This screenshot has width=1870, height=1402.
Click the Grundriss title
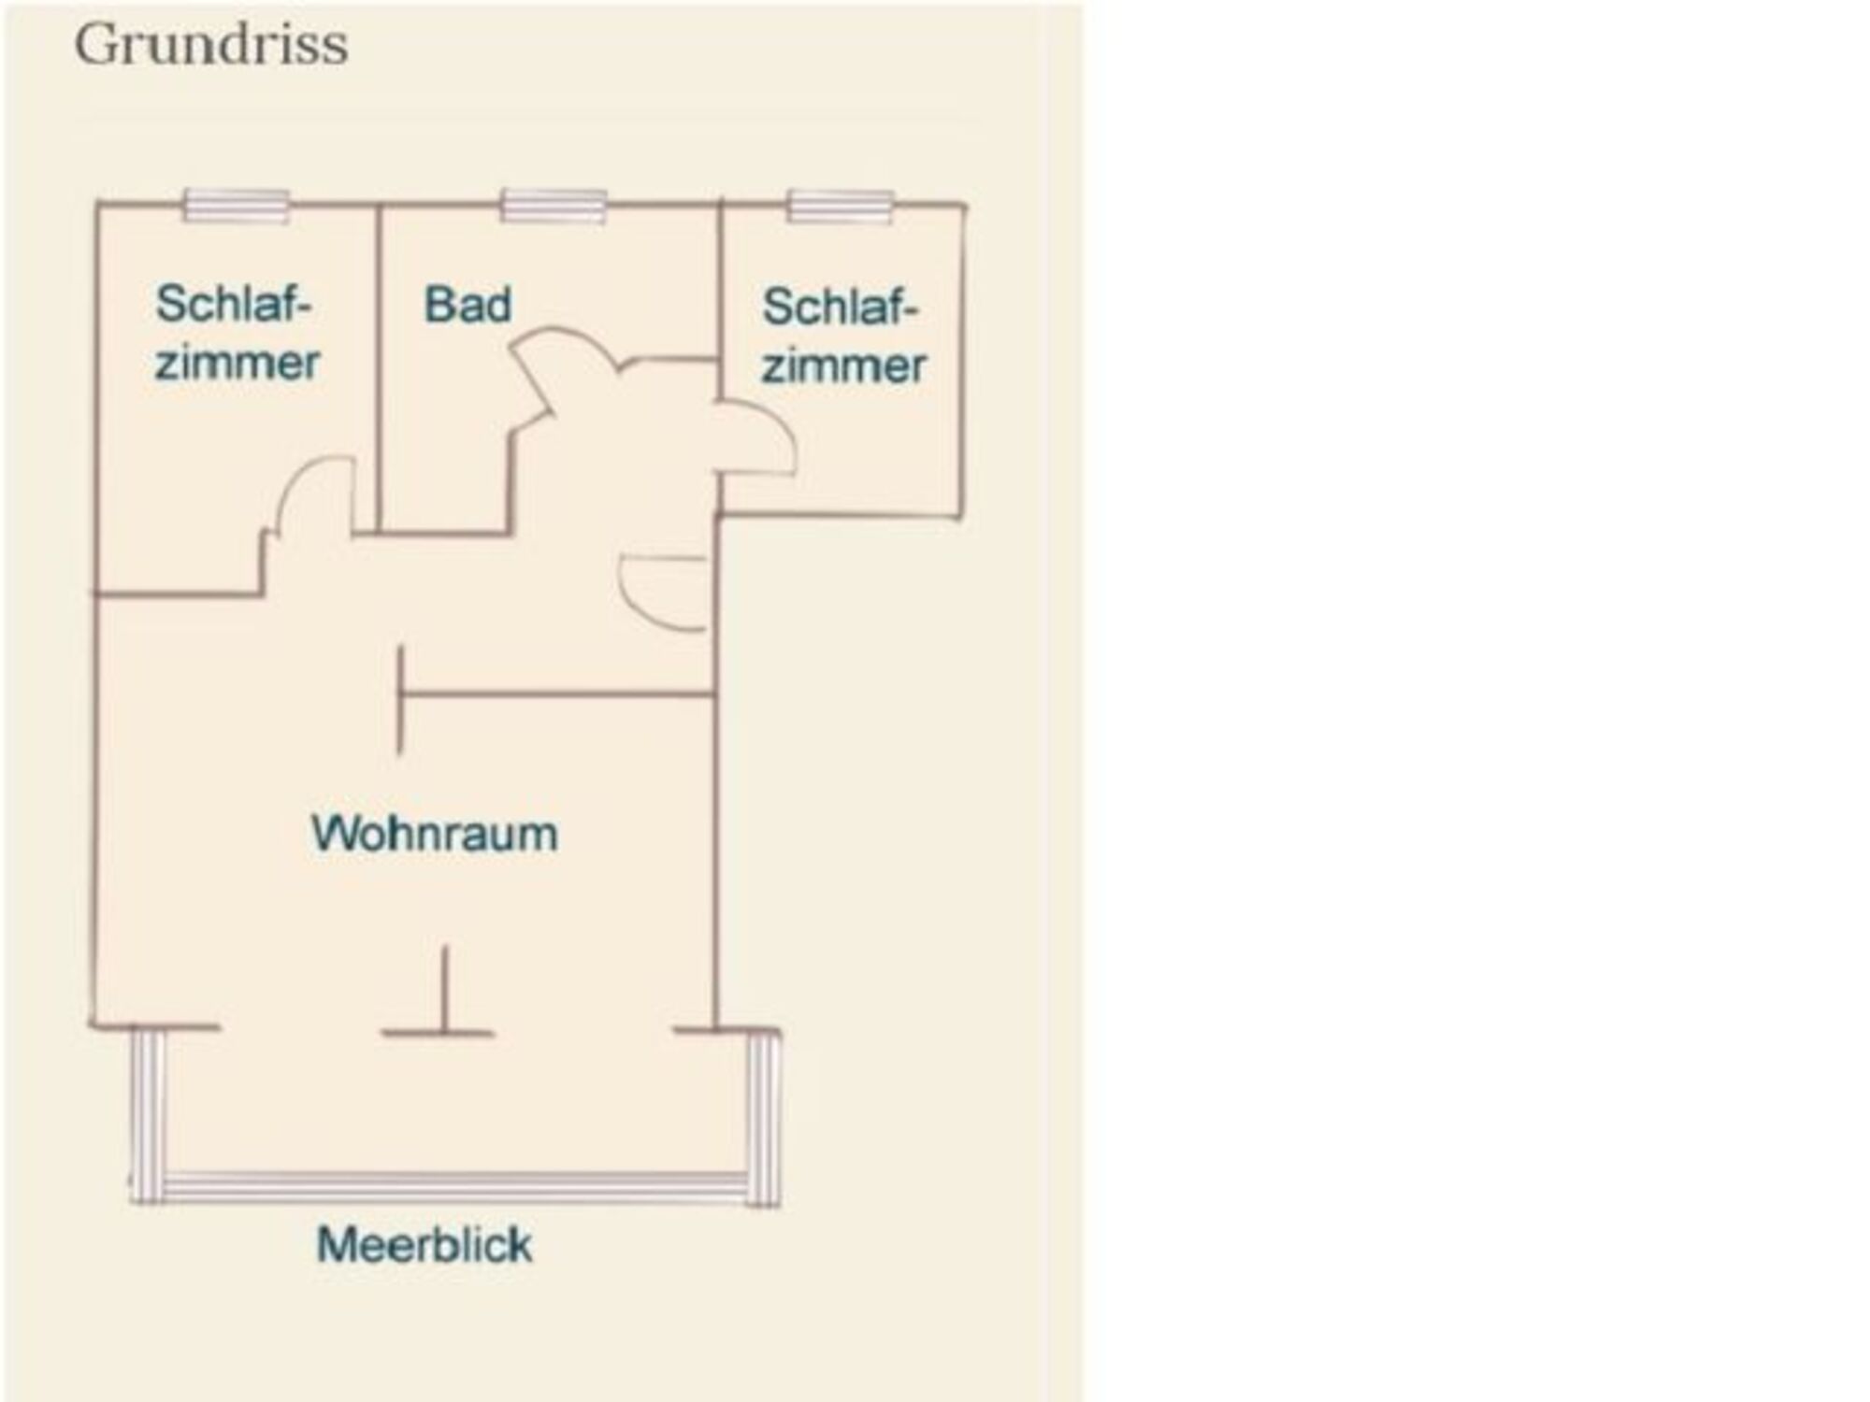[x=211, y=45]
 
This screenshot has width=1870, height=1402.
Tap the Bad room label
[x=467, y=305]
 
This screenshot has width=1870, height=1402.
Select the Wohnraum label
[x=434, y=834]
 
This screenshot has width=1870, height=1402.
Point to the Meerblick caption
[x=424, y=1245]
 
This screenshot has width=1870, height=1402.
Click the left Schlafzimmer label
[x=236, y=333]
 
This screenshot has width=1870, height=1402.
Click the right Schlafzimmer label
[x=842, y=336]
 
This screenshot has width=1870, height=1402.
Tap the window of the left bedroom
[x=236, y=205]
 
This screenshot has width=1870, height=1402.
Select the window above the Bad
[x=554, y=205]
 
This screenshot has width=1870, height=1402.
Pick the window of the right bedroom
[x=840, y=206]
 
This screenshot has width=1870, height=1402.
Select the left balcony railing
[x=147, y=1112]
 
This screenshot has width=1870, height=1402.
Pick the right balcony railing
[x=764, y=1117]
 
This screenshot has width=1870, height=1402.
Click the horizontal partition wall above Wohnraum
[x=556, y=694]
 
